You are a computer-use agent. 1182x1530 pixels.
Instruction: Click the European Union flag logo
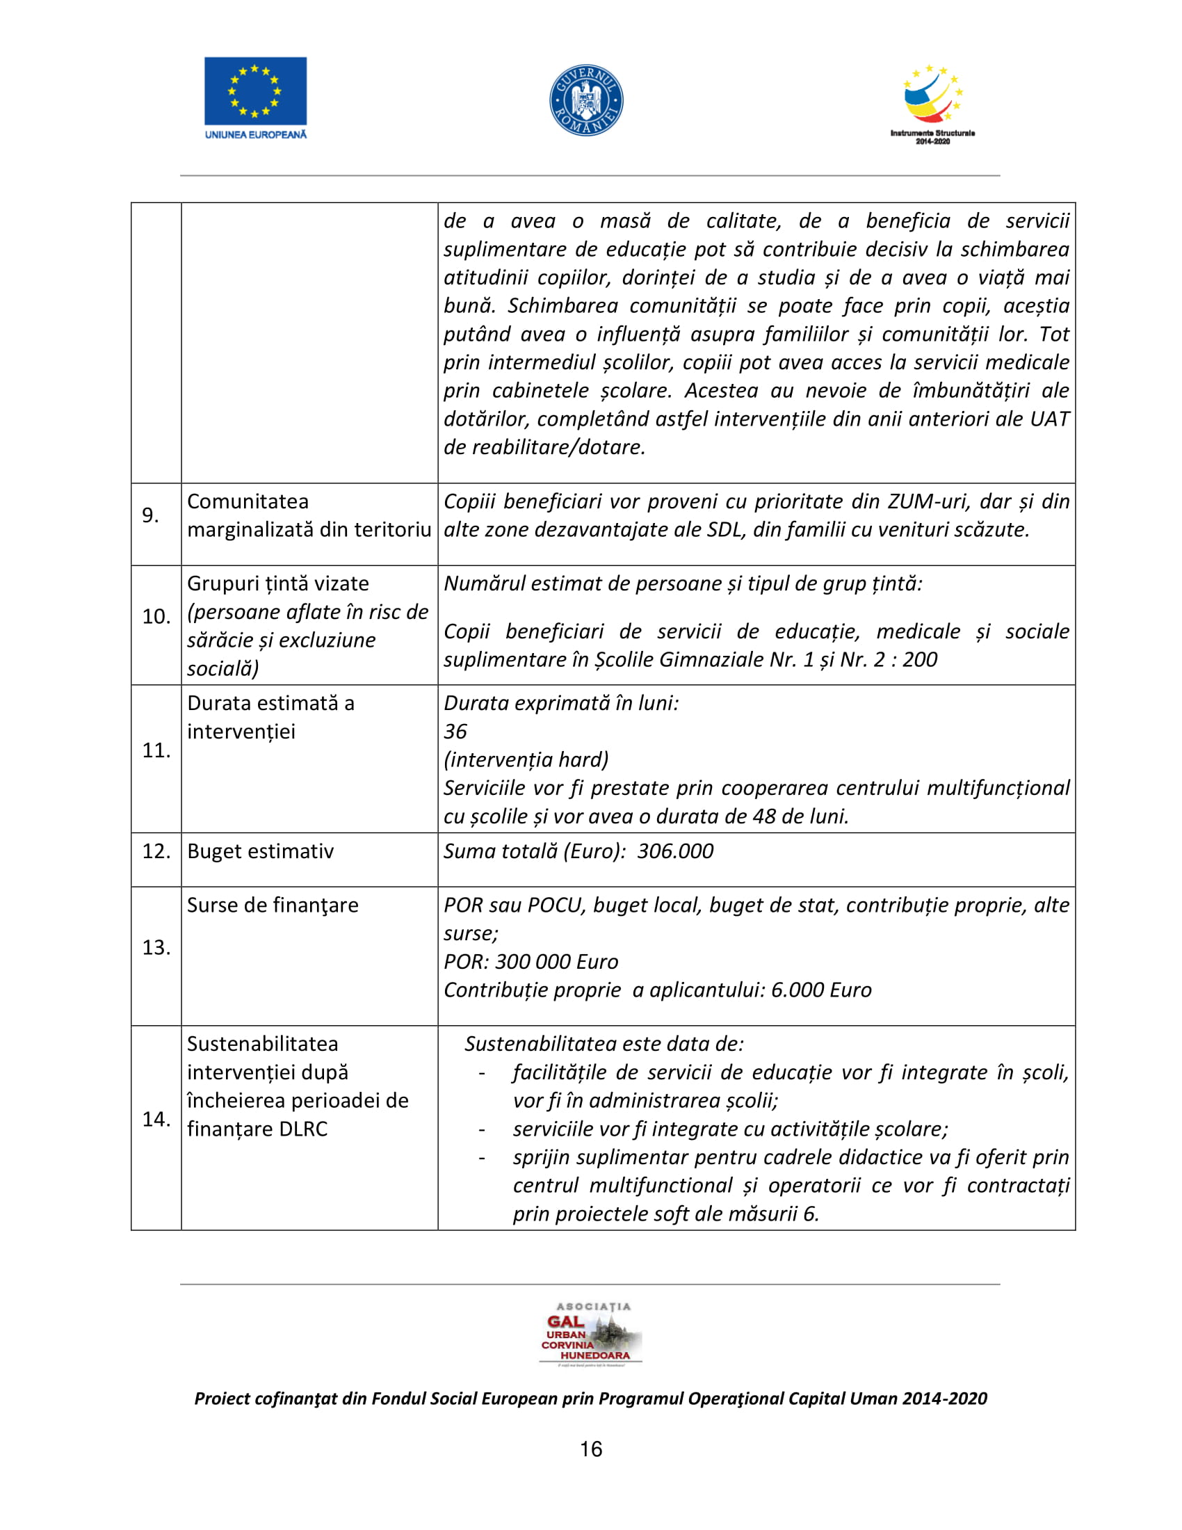tap(255, 91)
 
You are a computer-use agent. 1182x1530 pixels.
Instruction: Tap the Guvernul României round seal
tap(586, 100)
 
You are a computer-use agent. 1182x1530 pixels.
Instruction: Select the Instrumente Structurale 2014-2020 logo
tap(932, 104)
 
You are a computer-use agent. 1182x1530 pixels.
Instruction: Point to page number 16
tap(591, 1449)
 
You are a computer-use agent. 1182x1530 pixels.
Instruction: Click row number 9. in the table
tap(151, 515)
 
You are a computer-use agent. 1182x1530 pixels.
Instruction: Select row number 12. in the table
tap(156, 851)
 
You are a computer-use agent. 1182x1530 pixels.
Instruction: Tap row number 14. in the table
tap(156, 1119)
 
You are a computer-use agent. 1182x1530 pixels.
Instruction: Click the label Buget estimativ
tap(261, 851)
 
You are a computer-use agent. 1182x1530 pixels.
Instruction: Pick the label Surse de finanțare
tap(273, 905)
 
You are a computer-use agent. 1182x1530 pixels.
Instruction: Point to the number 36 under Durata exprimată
tap(455, 732)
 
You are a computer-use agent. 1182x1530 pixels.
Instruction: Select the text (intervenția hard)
tap(526, 759)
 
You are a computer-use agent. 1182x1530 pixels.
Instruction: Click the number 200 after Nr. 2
tap(919, 659)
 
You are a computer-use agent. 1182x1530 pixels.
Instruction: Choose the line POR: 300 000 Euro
tap(531, 962)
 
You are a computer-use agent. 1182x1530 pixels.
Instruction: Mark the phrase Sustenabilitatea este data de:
tap(604, 1044)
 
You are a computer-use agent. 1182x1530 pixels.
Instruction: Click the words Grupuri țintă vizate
tap(278, 583)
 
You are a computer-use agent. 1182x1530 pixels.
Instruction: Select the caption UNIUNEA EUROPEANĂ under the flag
tap(256, 134)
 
